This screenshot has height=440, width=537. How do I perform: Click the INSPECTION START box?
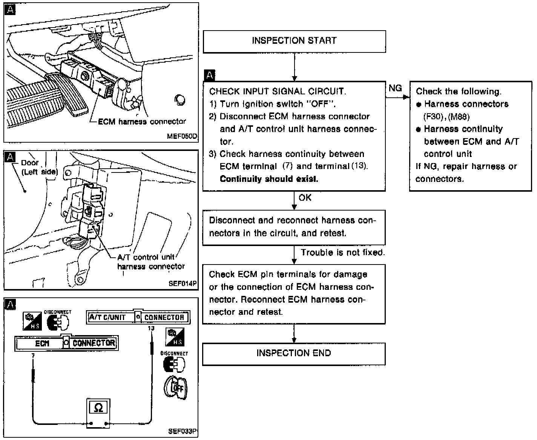pyautogui.click(x=294, y=41)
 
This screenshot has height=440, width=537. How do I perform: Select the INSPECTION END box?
pyautogui.click(x=293, y=354)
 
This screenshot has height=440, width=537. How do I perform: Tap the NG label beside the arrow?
pyautogui.click(x=395, y=88)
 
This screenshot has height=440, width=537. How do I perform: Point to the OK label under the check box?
pyautogui.click(x=305, y=197)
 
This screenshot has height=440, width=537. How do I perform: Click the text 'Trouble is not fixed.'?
pyautogui.click(x=342, y=252)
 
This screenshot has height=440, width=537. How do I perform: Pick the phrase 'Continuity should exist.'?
pyautogui.click(x=269, y=179)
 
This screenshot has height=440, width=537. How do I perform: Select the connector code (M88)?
pyautogui.click(x=459, y=117)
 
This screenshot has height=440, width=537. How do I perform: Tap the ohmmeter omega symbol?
pyautogui.click(x=98, y=408)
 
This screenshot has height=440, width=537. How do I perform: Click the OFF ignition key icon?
pyautogui.click(x=176, y=388)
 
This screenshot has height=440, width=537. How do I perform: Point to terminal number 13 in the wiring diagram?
pyautogui.click(x=151, y=328)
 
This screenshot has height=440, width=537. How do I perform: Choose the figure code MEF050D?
pyautogui.click(x=182, y=136)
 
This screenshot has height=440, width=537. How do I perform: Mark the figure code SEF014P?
pyautogui.click(x=183, y=283)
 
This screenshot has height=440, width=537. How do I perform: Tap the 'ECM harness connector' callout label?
pyautogui.click(x=142, y=122)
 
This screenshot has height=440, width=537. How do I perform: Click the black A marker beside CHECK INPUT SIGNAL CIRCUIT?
pyautogui.click(x=209, y=76)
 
